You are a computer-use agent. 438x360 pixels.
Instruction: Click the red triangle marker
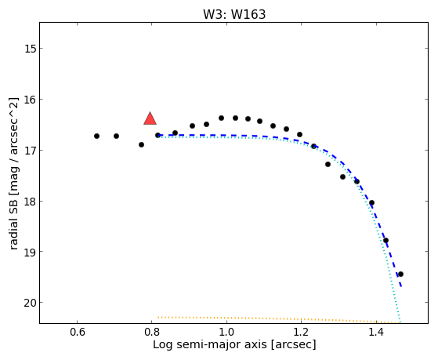[x=150, y=118]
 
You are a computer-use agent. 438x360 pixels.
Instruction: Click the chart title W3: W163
[x=234, y=14]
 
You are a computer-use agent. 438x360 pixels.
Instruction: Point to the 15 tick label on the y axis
[x=31, y=49]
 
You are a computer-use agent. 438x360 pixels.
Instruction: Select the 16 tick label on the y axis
[x=31, y=100]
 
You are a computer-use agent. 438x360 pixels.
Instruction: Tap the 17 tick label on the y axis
[x=31, y=151]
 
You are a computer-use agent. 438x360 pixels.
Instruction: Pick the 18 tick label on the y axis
[x=31, y=201]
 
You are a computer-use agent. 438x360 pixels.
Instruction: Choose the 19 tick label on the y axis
[x=31, y=252]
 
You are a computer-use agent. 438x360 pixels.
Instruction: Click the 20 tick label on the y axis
[x=31, y=303]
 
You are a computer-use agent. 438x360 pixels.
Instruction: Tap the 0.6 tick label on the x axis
[x=77, y=333]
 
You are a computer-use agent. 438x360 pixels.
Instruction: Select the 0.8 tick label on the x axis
[x=152, y=333]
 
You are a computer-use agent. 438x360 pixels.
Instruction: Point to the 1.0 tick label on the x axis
[x=226, y=333]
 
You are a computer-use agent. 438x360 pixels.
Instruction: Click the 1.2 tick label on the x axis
[x=302, y=333]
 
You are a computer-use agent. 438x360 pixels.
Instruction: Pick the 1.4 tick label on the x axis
[x=376, y=333]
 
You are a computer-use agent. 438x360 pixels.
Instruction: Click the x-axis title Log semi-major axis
[x=210, y=345]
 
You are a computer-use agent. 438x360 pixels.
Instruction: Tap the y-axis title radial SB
[x=13, y=223]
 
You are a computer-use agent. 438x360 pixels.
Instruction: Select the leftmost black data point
[x=96, y=136]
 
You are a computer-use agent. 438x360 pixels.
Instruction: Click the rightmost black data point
[x=400, y=274]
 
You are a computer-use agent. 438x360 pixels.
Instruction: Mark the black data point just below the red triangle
[x=157, y=135]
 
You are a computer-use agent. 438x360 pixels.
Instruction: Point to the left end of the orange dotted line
[x=158, y=317]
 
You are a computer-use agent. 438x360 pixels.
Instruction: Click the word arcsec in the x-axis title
[x=293, y=345]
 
